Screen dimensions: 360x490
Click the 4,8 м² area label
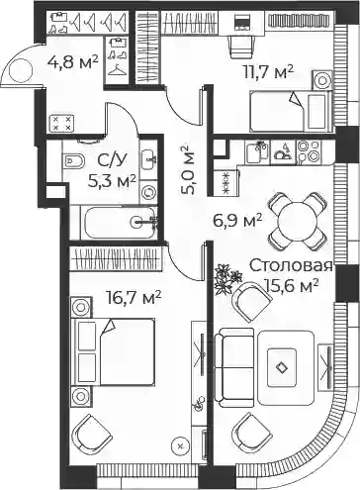click(73, 61)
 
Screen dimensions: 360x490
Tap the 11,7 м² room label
click(268, 72)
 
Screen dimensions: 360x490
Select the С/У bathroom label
click(112, 161)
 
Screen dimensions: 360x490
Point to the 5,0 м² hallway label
click(189, 169)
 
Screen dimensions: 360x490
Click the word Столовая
click(291, 266)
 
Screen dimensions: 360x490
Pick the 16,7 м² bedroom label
click(134, 298)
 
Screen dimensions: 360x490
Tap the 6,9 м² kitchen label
click(237, 221)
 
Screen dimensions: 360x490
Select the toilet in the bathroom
click(73, 160)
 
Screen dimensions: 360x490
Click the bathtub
click(119, 222)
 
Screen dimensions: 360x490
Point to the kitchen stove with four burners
click(309, 151)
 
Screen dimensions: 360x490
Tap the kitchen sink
click(257, 151)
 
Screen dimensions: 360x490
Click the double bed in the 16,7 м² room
click(115, 351)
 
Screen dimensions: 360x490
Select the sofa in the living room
click(234, 364)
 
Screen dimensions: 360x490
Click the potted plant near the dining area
click(226, 278)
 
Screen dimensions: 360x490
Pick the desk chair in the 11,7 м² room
click(241, 48)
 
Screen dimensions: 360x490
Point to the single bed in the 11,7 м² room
click(289, 111)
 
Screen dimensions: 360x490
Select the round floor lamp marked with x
click(180, 446)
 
